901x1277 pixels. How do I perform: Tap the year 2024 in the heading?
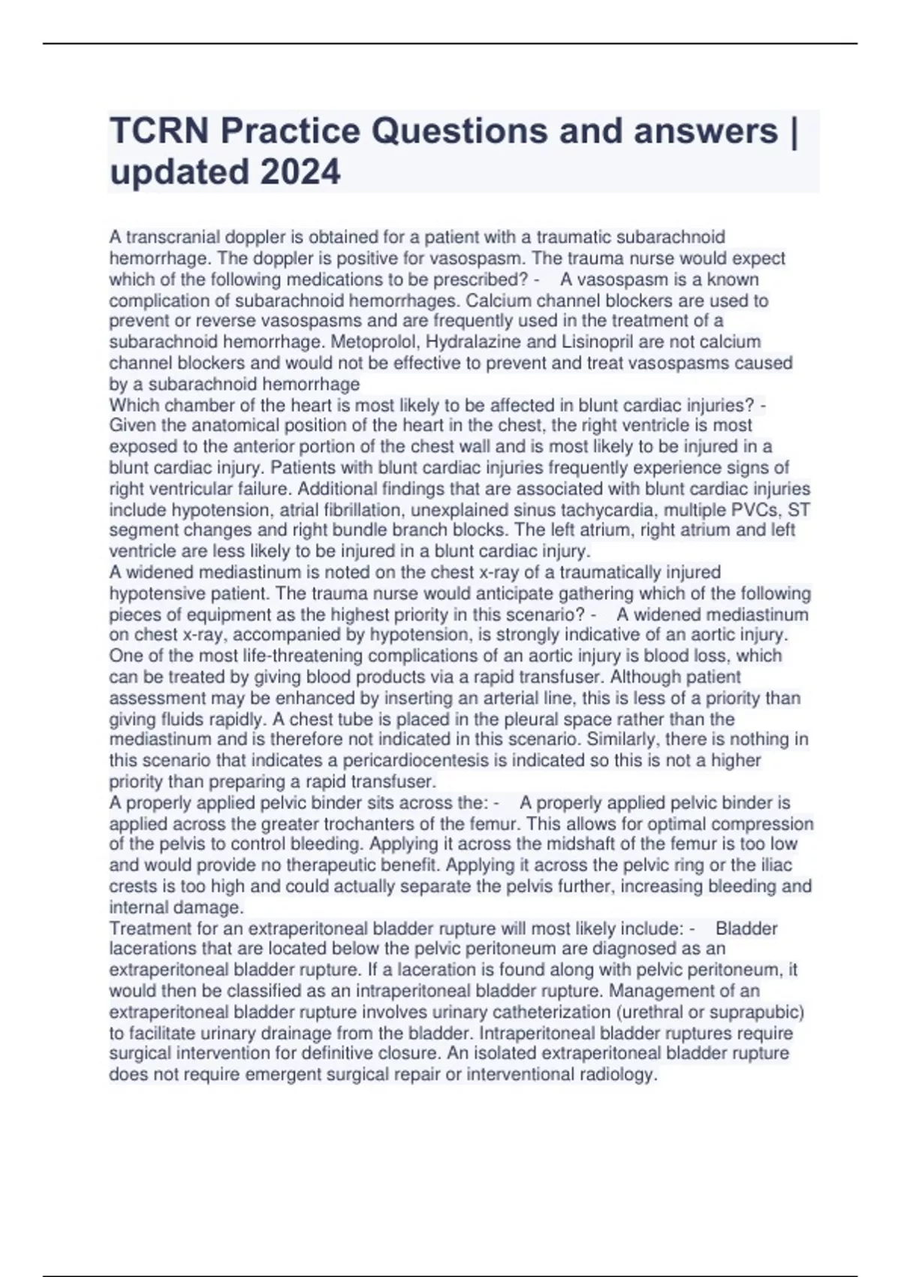tap(300, 172)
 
